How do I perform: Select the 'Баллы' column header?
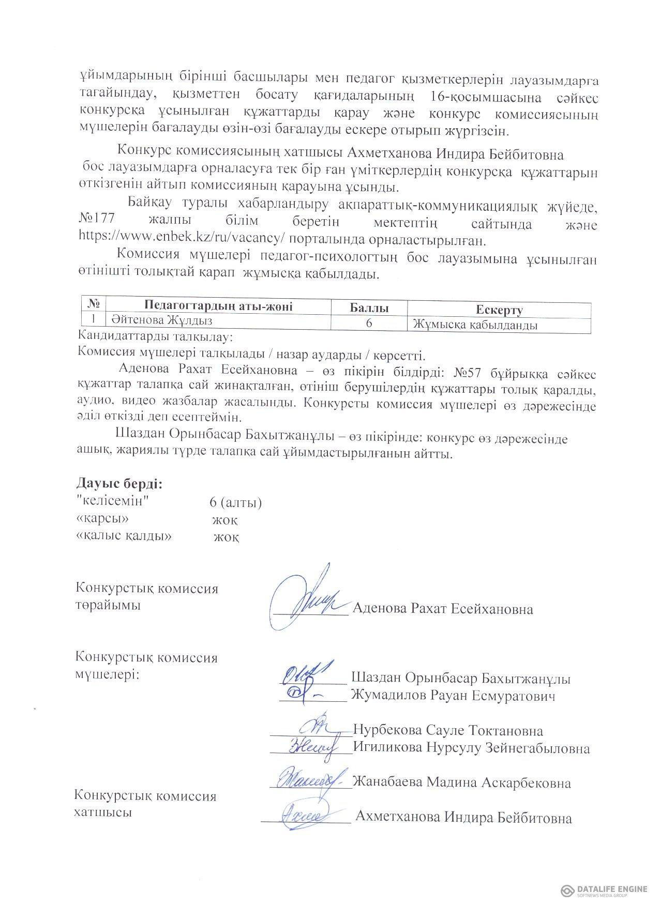369,309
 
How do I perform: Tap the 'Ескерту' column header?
499,310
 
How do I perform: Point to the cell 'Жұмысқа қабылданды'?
475,325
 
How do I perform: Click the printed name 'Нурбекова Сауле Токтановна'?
448,730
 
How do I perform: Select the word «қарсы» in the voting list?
102,518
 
